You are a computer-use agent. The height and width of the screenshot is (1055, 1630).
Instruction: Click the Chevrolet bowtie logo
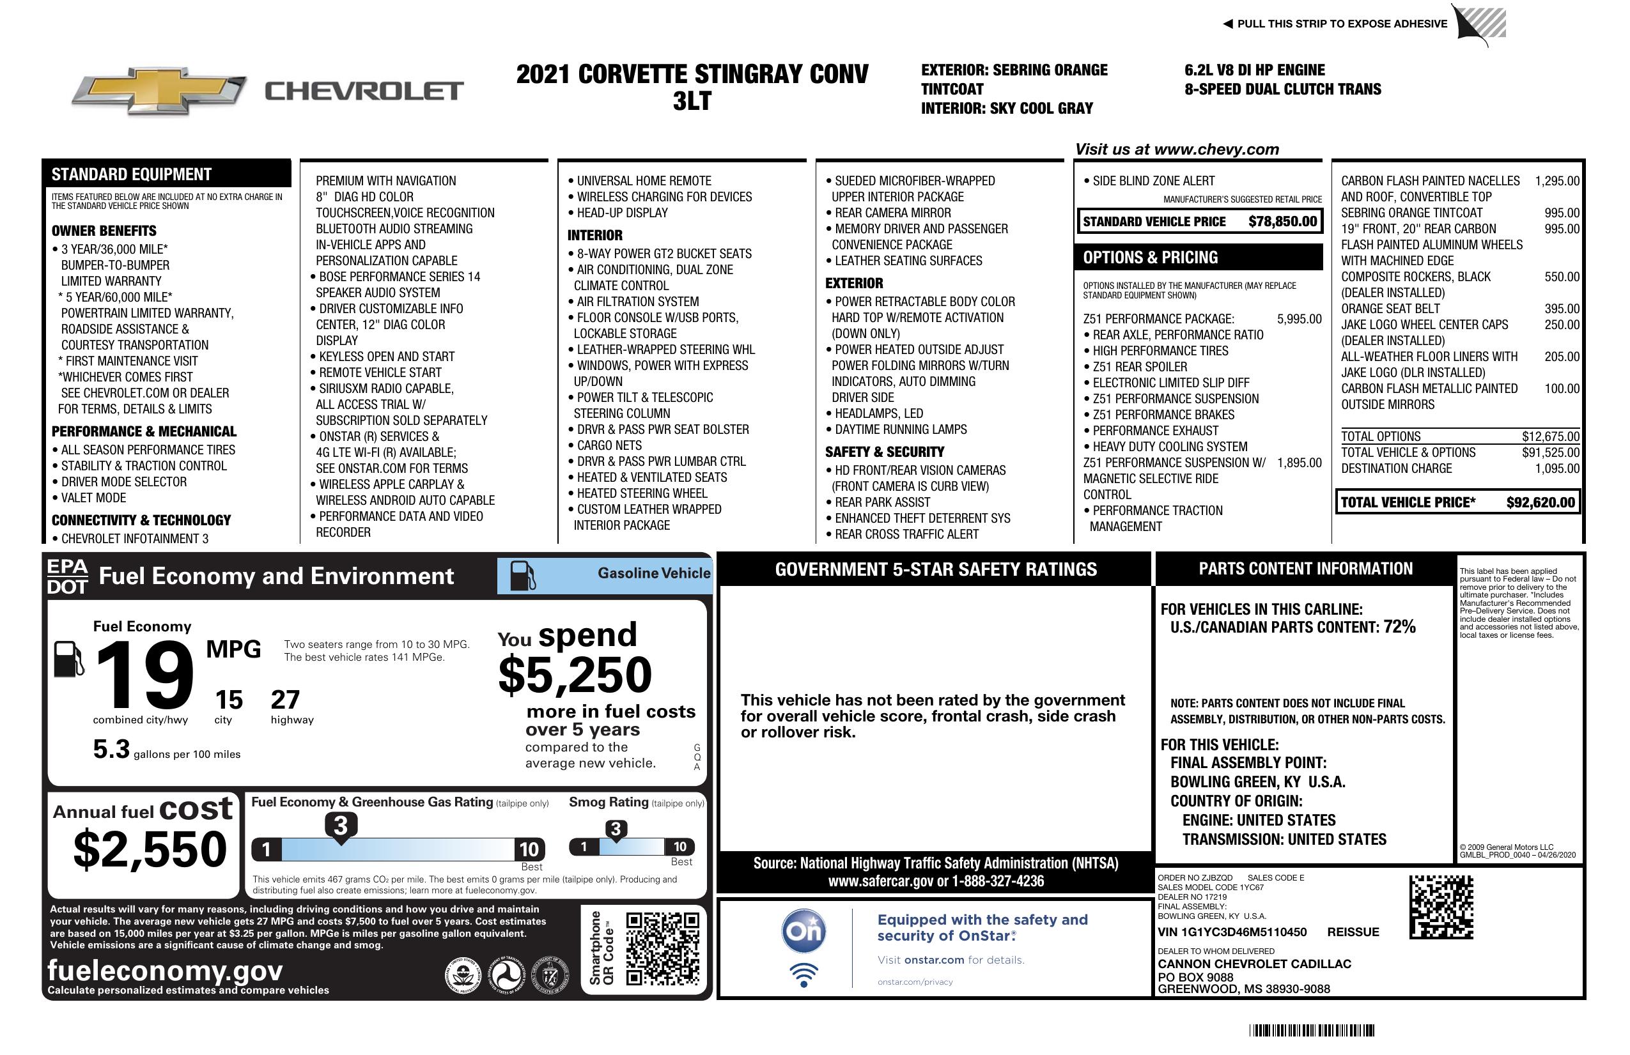[159, 91]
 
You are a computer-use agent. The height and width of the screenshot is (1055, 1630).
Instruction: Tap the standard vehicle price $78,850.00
[1282, 222]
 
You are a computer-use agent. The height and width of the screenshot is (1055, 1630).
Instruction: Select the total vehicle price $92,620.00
[1541, 502]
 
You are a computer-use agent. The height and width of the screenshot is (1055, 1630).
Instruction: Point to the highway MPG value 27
[285, 700]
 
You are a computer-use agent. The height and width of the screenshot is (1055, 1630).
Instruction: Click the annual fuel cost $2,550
[150, 850]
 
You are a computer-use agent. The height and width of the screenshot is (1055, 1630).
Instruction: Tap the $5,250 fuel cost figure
[575, 675]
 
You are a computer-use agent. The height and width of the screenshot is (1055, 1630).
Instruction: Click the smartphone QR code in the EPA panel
[663, 948]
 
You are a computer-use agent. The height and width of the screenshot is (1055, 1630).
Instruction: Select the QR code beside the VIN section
[1441, 907]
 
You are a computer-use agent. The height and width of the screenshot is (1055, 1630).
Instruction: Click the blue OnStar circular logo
[803, 931]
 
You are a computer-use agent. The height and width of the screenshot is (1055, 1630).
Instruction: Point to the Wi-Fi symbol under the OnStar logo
[803, 975]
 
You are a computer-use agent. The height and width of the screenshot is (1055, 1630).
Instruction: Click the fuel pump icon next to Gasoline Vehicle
[524, 575]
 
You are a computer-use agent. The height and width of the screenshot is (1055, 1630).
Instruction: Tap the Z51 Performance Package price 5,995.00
[1298, 319]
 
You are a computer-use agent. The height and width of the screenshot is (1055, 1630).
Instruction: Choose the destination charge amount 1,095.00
[1556, 469]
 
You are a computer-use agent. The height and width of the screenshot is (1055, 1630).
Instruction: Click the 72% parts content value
[1399, 627]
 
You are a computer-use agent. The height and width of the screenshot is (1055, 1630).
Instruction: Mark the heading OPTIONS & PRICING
[1150, 258]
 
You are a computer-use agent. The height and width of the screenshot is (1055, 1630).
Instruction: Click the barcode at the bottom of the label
[1311, 1030]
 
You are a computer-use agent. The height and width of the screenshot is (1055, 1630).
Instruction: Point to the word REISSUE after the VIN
[1353, 932]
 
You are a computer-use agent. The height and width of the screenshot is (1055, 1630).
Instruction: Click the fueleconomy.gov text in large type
[165, 971]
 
